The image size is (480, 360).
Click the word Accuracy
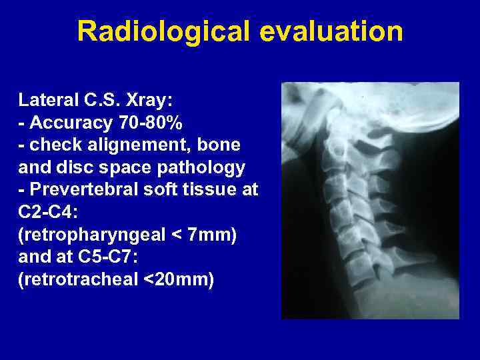[x=70, y=123]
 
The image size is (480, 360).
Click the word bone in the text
[x=223, y=145]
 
